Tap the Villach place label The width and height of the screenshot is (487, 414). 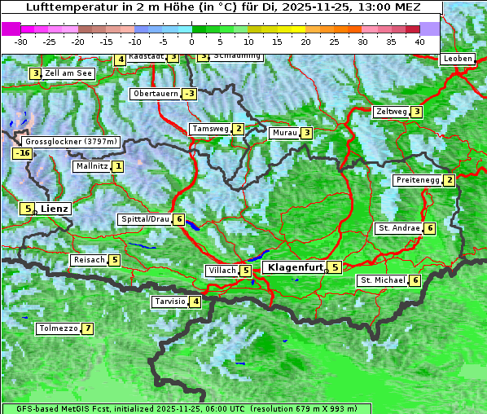pyautogui.click(x=222, y=270)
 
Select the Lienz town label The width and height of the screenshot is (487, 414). pyautogui.click(x=55, y=209)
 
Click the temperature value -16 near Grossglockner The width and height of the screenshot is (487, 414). pyautogui.click(x=22, y=153)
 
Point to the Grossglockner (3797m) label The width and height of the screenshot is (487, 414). pyautogui.click(x=72, y=142)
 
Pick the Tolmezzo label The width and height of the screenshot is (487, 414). pyautogui.click(x=58, y=329)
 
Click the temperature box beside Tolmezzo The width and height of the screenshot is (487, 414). pyautogui.click(x=87, y=329)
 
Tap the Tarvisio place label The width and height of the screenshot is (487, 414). pyautogui.click(x=169, y=302)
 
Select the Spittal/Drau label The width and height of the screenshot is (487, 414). pyautogui.click(x=145, y=219)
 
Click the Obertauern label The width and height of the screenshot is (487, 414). pyautogui.click(x=155, y=94)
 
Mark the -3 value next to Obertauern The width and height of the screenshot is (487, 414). pyautogui.click(x=189, y=94)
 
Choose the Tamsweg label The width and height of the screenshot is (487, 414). pyautogui.click(x=209, y=129)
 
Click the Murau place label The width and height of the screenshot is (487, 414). pyautogui.click(x=284, y=133)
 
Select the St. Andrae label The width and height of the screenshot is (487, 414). pyautogui.click(x=398, y=228)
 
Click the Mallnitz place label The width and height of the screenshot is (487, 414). pyautogui.click(x=91, y=166)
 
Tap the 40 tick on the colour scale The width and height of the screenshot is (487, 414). pyautogui.click(x=419, y=41)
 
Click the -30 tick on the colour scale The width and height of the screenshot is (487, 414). pyautogui.click(x=21, y=41)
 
